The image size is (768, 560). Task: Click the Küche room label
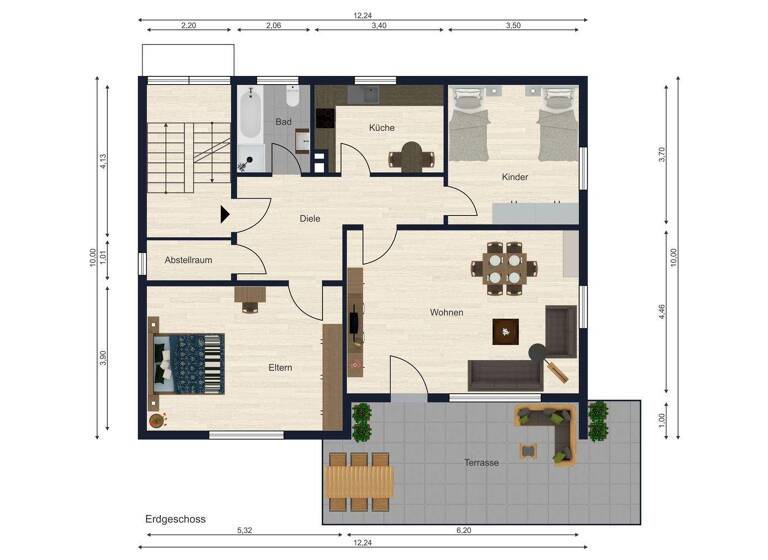point(381,128)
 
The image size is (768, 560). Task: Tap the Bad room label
point(284,122)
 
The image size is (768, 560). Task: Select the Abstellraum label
point(188,260)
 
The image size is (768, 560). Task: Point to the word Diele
point(310,218)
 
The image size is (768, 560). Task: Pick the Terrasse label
point(481,462)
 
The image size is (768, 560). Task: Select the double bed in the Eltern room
point(187,361)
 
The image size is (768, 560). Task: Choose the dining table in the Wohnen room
point(504,268)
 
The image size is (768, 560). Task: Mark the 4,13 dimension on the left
point(103,161)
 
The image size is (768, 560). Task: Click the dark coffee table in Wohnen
point(507,331)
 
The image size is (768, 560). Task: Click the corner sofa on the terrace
point(548,428)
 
